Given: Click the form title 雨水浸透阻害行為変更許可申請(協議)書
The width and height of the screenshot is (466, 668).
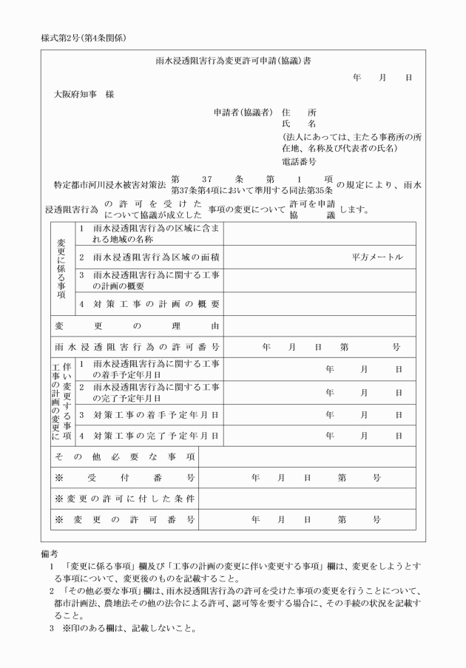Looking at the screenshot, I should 233,63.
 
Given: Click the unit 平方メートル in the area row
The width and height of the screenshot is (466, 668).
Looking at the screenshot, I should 377,257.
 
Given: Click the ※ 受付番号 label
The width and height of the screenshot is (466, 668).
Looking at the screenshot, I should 124,478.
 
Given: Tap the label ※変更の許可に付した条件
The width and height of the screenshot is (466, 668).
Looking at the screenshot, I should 124,499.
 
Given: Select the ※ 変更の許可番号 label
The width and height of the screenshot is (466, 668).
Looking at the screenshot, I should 124,520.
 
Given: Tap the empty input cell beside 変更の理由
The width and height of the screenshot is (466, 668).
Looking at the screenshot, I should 314,325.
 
